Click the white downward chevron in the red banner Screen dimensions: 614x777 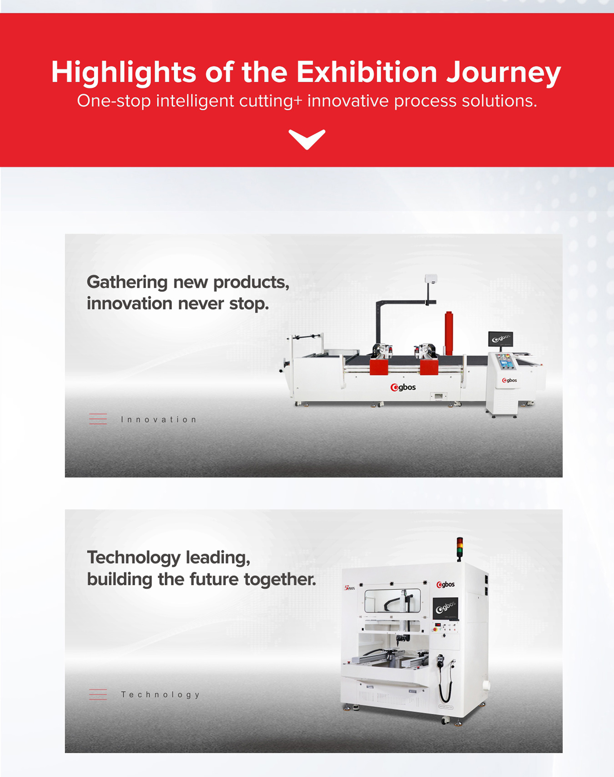tap(307, 139)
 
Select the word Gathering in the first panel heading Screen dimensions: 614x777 tap(127, 283)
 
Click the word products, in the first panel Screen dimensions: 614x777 tap(252, 283)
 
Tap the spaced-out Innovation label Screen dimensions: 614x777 tap(159, 419)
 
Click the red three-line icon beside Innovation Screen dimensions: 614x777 tap(98, 419)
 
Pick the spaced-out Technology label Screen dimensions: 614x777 tap(160, 695)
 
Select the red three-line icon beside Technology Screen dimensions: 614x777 tap(98, 694)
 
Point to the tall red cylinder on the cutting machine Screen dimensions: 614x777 tap(449, 333)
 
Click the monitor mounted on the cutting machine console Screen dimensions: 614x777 tap(501, 339)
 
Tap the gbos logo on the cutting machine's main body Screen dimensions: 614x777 tap(403, 387)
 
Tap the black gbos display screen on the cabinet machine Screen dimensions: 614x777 tap(445, 609)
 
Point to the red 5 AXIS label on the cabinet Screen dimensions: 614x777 tap(349, 588)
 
